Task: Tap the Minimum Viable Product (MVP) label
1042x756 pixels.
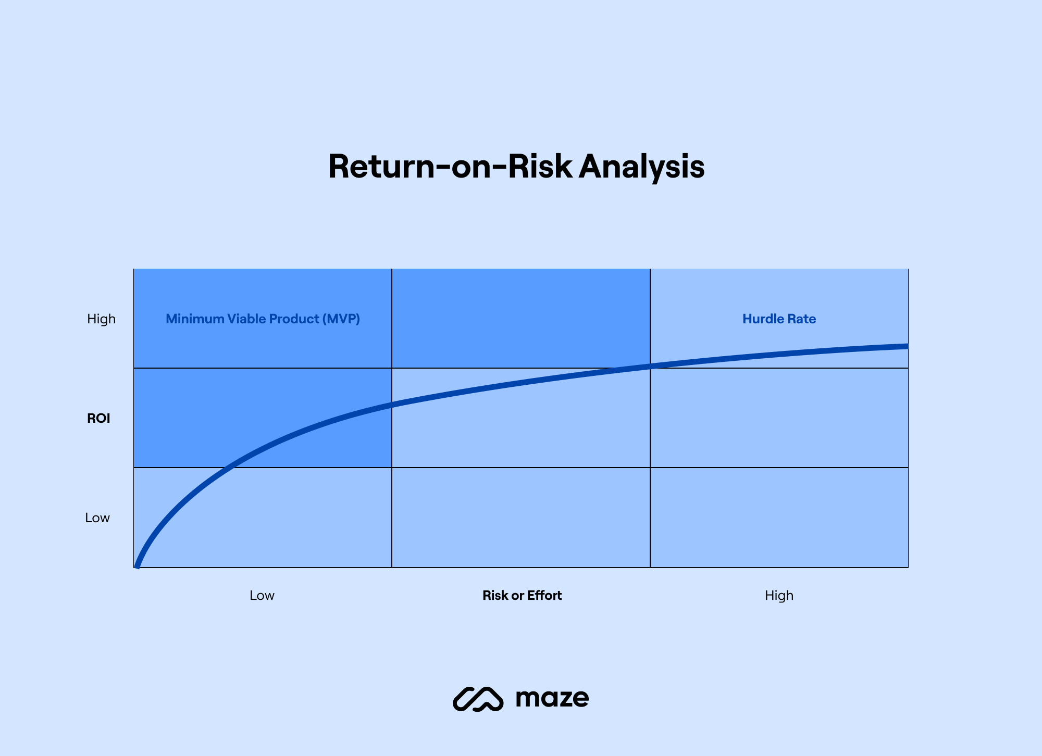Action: pyautogui.click(x=263, y=319)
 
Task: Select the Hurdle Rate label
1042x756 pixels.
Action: pyautogui.click(x=779, y=319)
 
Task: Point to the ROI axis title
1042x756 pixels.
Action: pyautogui.click(x=98, y=418)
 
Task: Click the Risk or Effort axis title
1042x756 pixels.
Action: pyautogui.click(x=522, y=595)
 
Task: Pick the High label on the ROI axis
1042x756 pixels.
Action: pyautogui.click(x=101, y=319)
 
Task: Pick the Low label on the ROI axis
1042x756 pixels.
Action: pyautogui.click(x=97, y=518)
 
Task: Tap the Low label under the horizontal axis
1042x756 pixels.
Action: pyautogui.click(x=262, y=595)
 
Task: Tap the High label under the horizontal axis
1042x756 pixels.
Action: pyautogui.click(x=779, y=595)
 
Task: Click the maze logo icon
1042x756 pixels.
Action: pyautogui.click(x=478, y=699)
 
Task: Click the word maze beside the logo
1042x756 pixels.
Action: pyautogui.click(x=552, y=698)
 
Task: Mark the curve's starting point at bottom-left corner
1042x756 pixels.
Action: pyautogui.click(x=137, y=566)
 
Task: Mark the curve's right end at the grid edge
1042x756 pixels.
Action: pyautogui.click(x=906, y=346)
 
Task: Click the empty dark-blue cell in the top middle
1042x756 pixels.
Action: pyautogui.click(x=520, y=318)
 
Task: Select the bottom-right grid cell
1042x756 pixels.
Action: pyautogui.click(x=779, y=518)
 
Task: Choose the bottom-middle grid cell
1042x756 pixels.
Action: pyautogui.click(x=520, y=518)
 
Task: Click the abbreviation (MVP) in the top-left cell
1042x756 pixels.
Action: pyautogui.click(x=341, y=319)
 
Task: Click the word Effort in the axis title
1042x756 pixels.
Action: pyautogui.click(x=544, y=595)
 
